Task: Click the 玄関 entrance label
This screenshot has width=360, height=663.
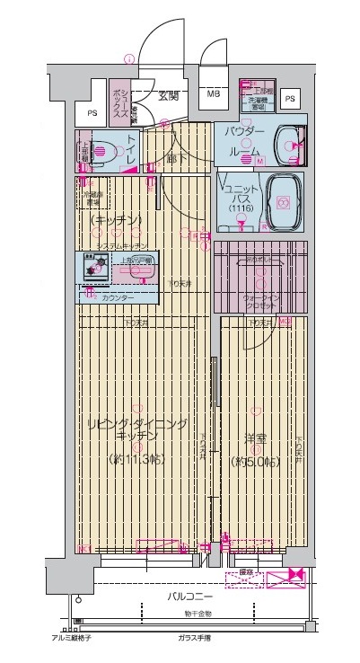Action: tap(170, 97)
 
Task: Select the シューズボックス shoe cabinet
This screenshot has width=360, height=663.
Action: tap(123, 100)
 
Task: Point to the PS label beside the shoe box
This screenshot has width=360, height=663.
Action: tap(92, 113)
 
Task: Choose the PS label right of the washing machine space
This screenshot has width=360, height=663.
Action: tap(289, 99)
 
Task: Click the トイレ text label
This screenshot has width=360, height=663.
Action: tap(132, 148)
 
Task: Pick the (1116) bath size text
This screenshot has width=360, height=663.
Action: tap(241, 208)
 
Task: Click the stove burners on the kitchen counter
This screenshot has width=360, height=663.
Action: tap(92, 265)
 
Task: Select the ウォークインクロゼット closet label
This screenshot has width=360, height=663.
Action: tap(259, 301)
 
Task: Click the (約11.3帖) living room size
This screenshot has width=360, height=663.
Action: tap(136, 459)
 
